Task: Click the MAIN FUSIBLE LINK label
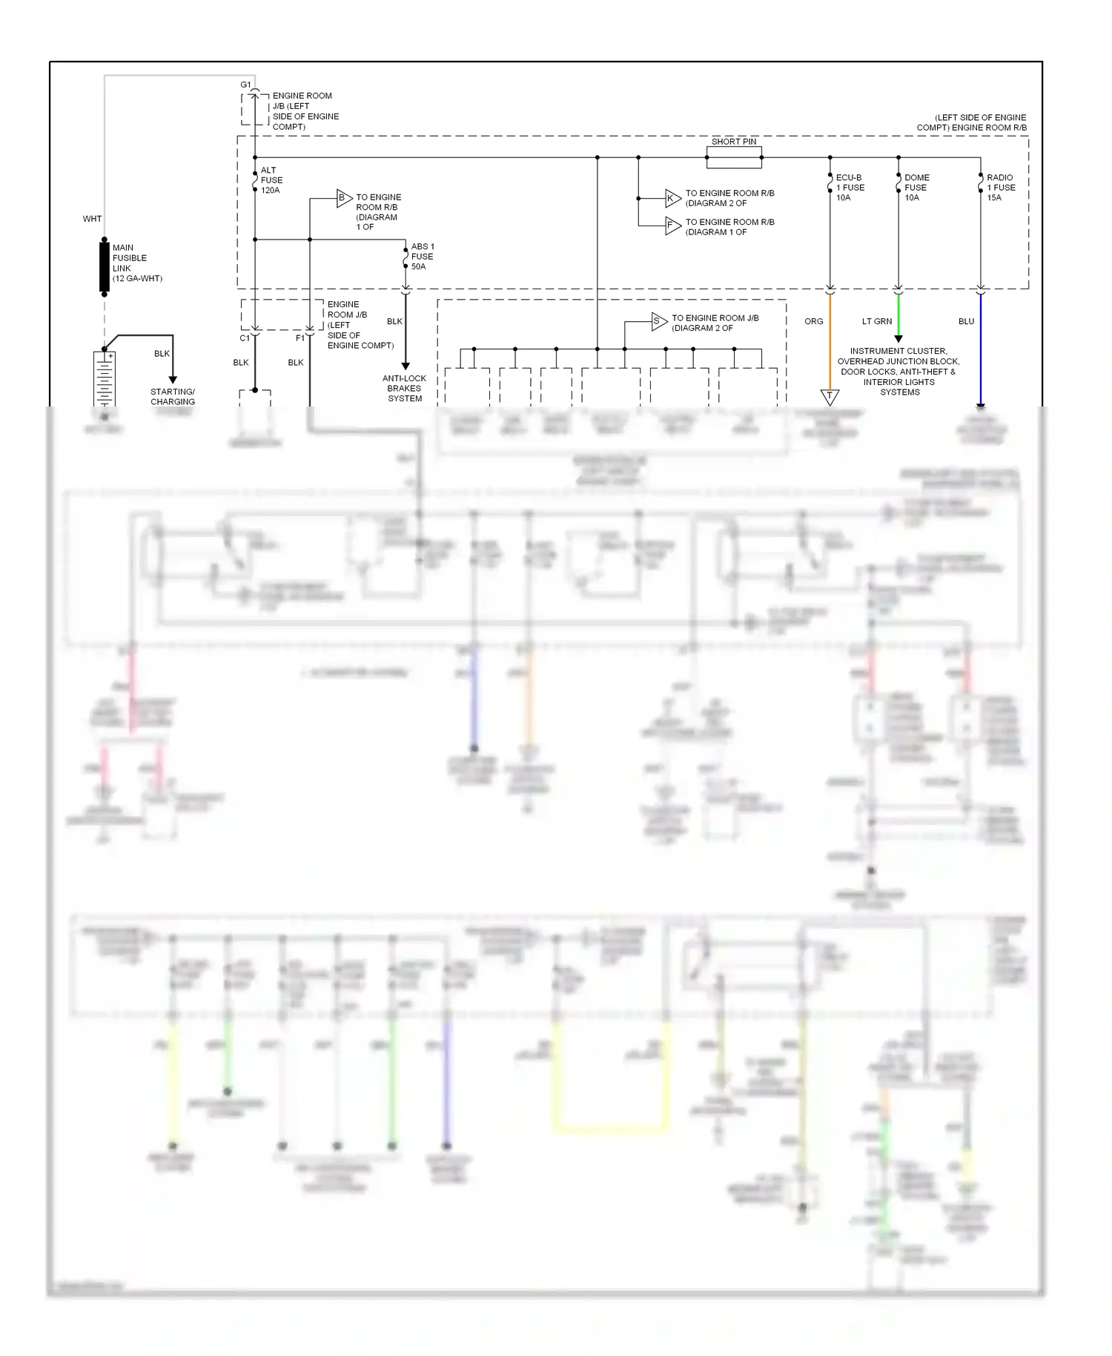click(136, 263)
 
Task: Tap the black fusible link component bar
click(105, 266)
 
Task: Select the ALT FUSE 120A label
click(271, 180)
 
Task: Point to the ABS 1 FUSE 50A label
click(423, 257)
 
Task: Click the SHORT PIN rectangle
click(734, 157)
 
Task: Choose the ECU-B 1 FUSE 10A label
click(850, 188)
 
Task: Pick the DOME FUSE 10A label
click(916, 188)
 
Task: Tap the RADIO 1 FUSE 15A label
click(1001, 188)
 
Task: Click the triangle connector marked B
click(343, 198)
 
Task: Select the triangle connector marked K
click(672, 198)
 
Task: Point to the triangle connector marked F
click(672, 226)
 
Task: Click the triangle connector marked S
click(658, 321)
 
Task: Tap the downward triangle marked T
click(830, 396)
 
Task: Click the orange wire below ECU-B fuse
click(830, 341)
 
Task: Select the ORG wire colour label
click(813, 322)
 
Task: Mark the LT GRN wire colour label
click(876, 322)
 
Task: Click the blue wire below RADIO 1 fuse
click(981, 349)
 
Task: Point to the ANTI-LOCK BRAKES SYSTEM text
click(405, 389)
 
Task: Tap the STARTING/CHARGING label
click(173, 397)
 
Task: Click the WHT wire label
click(92, 219)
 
